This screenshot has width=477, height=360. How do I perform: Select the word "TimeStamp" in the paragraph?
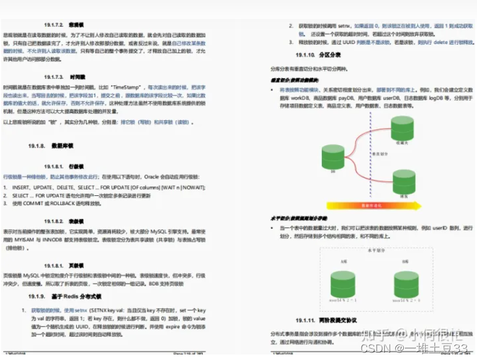point(126,88)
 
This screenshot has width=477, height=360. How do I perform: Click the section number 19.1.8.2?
point(54,221)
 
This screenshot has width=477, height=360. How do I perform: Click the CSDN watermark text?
point(371,348)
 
